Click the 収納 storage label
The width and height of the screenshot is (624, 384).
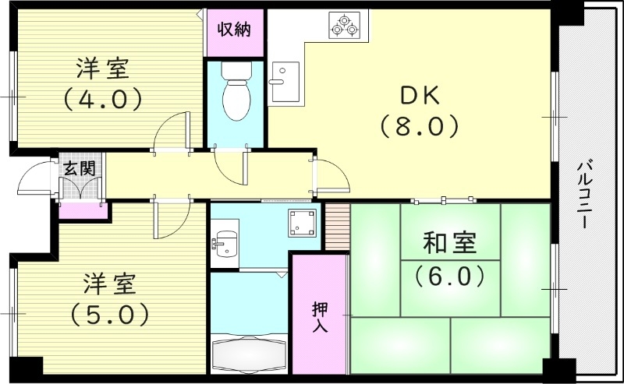(x=233, y=30)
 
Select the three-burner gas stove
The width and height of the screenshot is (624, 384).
(x=345, y=25)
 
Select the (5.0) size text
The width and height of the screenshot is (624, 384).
(x=109, y=315)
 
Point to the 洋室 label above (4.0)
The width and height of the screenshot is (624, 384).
(x=103, y=69)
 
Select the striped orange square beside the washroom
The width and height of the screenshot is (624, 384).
(x=336, y=227)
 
